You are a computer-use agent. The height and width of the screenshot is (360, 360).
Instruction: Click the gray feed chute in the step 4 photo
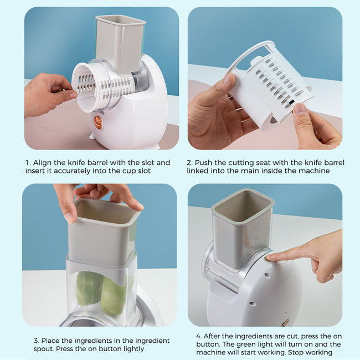click(242, 227)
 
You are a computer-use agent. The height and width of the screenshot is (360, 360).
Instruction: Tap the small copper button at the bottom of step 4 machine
click(285, 322)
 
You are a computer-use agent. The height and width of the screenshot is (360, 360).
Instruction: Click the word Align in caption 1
click(43, 163)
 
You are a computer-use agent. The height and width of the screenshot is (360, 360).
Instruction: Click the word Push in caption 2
click(204, 163)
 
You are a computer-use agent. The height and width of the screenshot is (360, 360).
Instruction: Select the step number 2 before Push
click(189, 163)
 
